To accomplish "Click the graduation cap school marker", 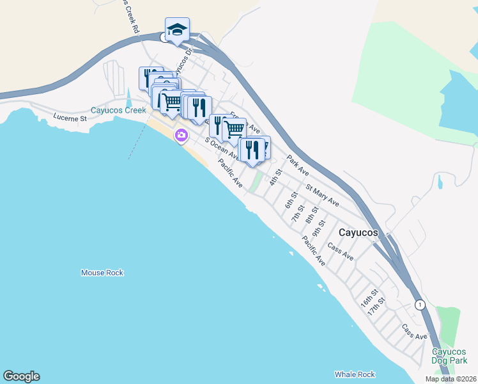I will [x=177, y=29].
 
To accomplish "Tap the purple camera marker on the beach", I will [x=181, y=134].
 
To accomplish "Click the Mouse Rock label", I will [x=102, y=273].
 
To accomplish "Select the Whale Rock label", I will [x=355, y=374].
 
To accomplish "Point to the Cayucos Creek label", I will [x=118, y=110].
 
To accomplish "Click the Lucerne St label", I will [x=70, y=118].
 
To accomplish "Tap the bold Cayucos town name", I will [x=358, y=233].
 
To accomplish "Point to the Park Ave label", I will [x=298, y=165].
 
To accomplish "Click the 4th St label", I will [x=276, y=177].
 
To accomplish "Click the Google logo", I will [x=21, y=376].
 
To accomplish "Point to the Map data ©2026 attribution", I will [x=450, y=379].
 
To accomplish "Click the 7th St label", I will [x=298, y=213].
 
